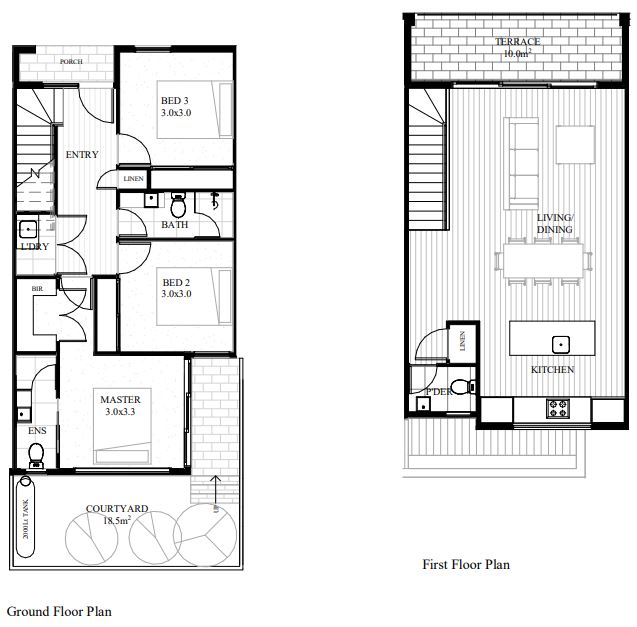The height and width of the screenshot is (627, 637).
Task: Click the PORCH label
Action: tap(71, 62)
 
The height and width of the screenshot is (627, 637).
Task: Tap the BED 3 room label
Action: tap(176, 106)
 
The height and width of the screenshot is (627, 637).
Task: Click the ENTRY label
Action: tap(81, 155)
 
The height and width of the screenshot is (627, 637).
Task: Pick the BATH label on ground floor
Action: tap(175, 225)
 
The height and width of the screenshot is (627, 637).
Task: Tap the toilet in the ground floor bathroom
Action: tap(179, 206)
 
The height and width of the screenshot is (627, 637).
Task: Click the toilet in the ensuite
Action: tap(36, 455)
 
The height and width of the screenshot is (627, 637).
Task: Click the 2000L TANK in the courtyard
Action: tap(26, 518)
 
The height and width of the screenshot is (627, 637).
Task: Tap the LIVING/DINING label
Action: tap(554, 224)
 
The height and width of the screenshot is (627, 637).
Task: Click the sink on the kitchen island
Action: tap(562, 344)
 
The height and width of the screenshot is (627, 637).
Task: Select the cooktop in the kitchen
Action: tap(557, 408)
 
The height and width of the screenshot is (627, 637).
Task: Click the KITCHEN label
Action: tap(552, 370)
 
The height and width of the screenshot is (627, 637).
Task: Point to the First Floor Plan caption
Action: tap(465, 565)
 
